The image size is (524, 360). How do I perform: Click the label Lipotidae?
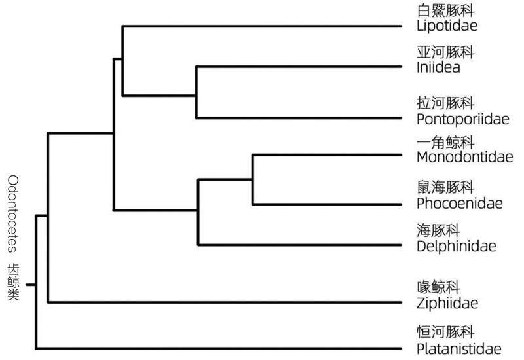coord(446,26)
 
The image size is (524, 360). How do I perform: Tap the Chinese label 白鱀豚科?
coord(445,11)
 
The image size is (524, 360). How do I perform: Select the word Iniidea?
coord(438,67)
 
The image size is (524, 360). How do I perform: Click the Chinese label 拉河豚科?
coord(445,103)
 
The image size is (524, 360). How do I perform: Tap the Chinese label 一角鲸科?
coord(445,141)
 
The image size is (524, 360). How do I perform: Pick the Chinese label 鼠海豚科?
coord(445,187)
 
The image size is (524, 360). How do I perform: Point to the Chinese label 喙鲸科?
coord(440,287)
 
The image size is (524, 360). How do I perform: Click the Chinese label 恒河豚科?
coord(445,331)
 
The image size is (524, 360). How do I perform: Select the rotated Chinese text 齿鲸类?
coord(14,282)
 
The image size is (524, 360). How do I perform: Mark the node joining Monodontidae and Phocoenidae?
coord(252,180)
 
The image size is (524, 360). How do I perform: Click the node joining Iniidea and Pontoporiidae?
coord(196,92)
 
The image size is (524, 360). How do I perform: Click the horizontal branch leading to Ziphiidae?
coord(223,302)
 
